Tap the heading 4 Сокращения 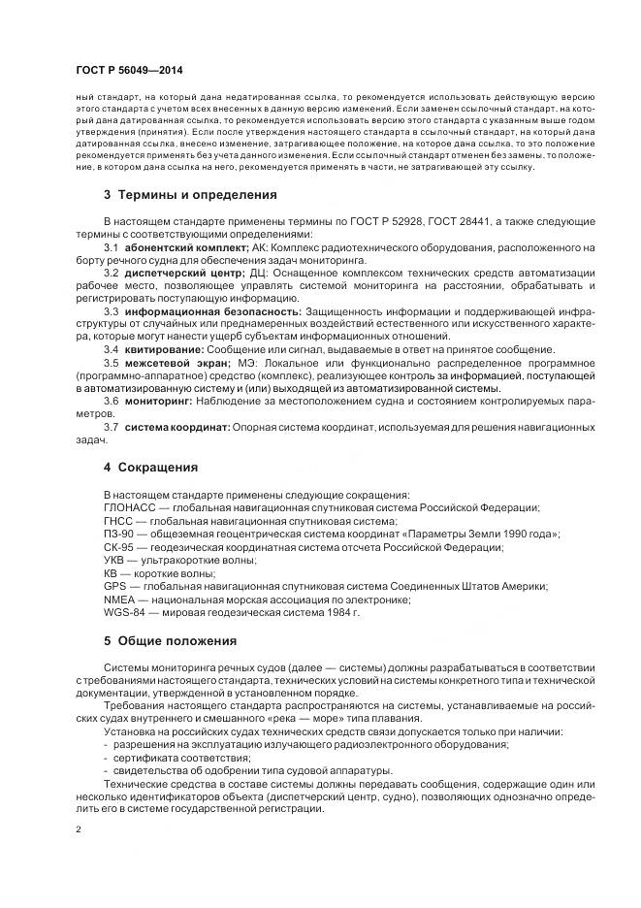(x=150, y=468)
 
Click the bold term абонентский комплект (x=185, y=249)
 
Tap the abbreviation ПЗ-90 (x=118, y=535)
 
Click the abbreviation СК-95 (x=118, y=547)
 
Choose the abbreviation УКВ (x=114, y=561)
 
